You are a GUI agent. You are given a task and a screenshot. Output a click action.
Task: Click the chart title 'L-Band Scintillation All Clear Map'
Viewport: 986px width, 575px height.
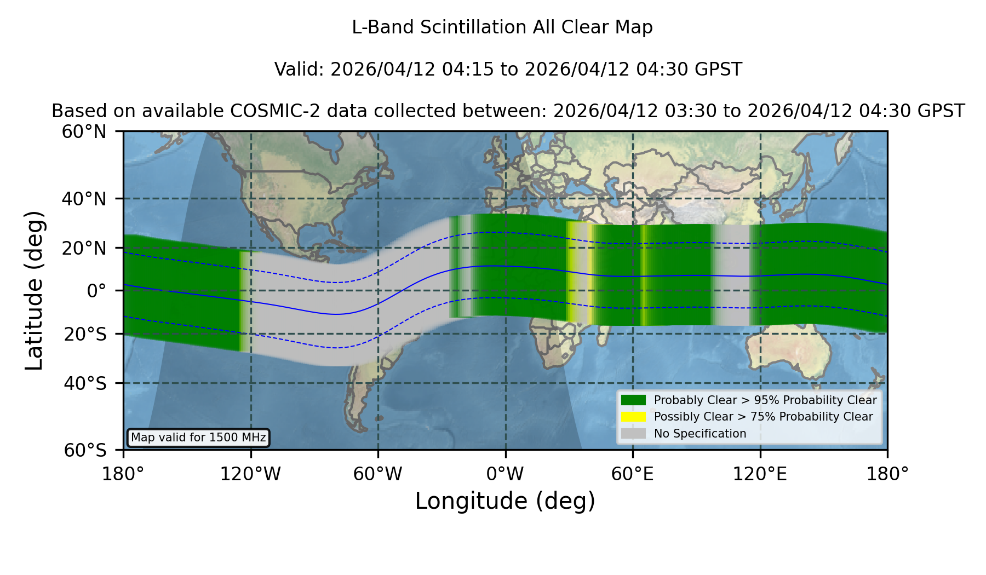[502, 27]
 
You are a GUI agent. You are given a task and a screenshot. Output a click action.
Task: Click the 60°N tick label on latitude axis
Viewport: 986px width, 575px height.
[84, 131]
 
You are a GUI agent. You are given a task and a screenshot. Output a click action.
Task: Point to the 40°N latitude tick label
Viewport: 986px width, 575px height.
[84, 199]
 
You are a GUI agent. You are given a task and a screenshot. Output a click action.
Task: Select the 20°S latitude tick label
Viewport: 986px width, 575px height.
[85, 334]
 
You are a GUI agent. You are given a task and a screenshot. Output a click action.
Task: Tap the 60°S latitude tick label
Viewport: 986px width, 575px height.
[85, 450]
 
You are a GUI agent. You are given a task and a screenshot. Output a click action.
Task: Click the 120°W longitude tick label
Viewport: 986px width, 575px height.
[250, 474]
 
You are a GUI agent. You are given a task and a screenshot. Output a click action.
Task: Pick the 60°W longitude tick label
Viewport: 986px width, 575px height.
[378, 474]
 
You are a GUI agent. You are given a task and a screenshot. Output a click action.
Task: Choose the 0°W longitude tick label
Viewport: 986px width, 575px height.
[505, 474]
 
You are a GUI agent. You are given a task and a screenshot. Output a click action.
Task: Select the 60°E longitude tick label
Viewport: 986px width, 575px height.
[633, 474]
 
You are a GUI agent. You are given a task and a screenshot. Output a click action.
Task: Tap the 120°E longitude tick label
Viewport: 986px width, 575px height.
[760, 474]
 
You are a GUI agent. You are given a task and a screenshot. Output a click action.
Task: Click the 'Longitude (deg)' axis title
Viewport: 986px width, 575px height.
[505, 501]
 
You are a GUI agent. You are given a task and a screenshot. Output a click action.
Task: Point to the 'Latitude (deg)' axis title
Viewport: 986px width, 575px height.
[34, 290]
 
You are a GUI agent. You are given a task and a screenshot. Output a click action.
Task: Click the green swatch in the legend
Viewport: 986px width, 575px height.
[634, 400]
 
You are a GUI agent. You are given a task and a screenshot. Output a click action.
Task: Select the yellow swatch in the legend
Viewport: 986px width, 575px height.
[634, 417]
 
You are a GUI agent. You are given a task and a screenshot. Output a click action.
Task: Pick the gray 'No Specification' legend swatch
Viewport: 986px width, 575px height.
[634, 434]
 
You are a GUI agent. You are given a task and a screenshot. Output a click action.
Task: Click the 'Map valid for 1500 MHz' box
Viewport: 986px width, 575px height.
[198, 438]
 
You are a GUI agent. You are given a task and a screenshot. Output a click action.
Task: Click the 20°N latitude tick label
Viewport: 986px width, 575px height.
[84, 248]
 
